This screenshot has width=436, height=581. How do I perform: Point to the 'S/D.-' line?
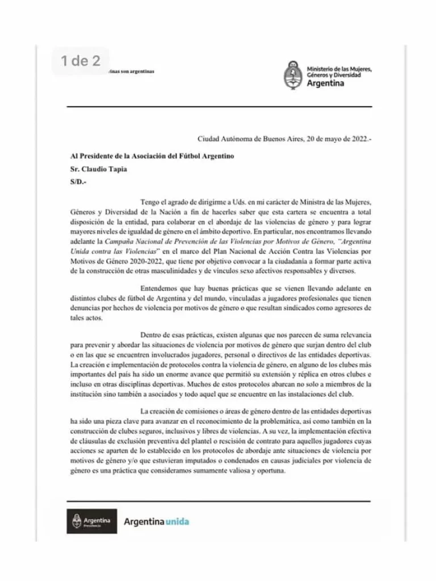[78, 182]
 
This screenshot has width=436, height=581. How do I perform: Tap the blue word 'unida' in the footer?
[177, 521]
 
